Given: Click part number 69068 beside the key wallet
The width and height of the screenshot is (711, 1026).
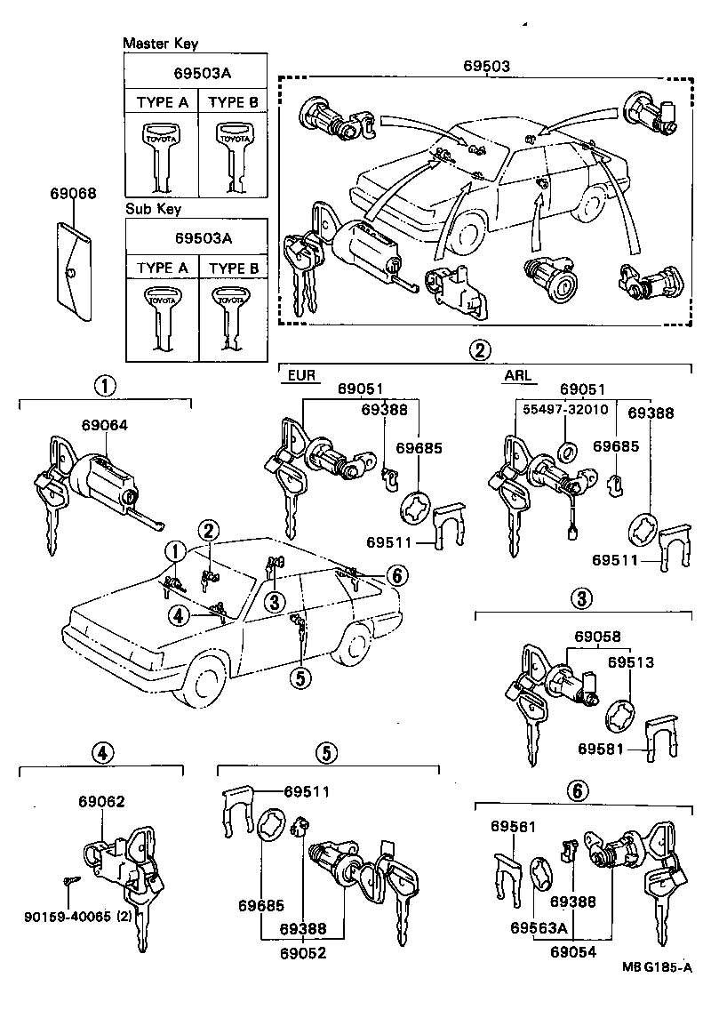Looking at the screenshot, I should (x=74, y=192).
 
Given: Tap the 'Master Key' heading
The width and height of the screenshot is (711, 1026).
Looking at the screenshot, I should (x=160, y=43).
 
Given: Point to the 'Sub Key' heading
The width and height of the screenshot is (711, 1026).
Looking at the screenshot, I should (x=153, y=209).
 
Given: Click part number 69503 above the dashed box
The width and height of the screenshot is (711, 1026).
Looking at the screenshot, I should (x=486, y=66).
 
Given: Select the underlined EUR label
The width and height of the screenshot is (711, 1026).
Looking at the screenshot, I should (x=300, y=375).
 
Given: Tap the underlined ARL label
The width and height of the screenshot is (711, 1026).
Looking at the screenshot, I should (x=517, y=375).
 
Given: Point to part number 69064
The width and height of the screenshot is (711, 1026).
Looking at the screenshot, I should (x=104, y=425).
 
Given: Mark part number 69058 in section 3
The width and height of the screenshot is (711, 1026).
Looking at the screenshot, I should (x=596, y=637).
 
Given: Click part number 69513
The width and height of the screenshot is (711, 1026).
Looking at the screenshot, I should (x=630, y=662).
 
